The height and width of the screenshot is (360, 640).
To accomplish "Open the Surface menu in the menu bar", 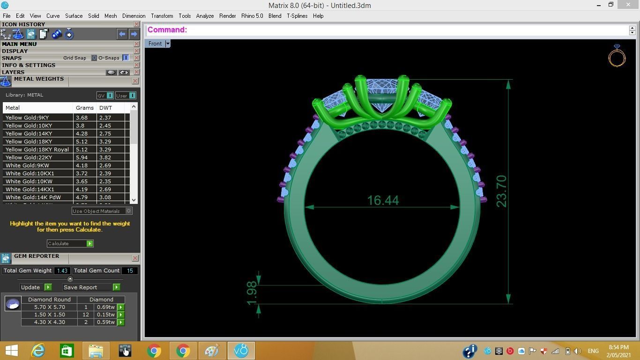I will (74, 16).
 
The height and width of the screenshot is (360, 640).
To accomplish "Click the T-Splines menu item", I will (297, 16).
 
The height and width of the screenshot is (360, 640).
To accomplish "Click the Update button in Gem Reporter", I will (30, 287).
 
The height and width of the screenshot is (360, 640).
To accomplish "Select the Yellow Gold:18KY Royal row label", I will (37, 150).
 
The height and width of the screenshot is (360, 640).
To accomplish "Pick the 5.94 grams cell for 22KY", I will (82, 157).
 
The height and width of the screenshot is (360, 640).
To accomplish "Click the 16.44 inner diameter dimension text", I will (383, 201).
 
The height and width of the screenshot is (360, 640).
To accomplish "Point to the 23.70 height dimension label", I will (501, 191).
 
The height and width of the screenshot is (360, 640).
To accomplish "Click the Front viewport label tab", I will (155, 44).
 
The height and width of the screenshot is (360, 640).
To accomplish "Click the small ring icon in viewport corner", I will (617, 56).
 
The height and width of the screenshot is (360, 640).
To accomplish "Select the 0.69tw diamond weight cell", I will (105, 307).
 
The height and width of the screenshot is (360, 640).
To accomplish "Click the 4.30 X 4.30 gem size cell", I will (49, 322).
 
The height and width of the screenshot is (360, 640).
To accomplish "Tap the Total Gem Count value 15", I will (130, 270).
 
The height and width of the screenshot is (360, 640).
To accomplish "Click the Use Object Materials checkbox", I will (128, 211).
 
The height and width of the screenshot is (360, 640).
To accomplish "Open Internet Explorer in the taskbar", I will (38, 351).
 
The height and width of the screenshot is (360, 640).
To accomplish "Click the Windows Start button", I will (11, 351).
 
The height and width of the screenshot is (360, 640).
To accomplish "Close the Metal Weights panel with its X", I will (135, 81).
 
